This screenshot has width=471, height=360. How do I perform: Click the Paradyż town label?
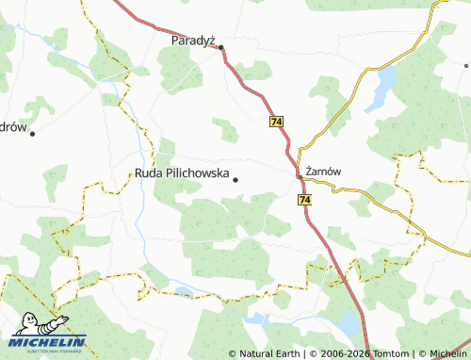(x=194, y=41)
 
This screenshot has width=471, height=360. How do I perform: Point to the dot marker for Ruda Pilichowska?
(x=235, y=179)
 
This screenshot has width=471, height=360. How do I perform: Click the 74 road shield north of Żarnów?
(x=276, y=123)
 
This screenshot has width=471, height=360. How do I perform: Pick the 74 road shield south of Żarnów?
(x=303, y=200)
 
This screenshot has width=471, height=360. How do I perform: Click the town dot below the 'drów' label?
(x=32, y=134)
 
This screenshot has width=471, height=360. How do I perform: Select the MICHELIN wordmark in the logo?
(x=49, y=342)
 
